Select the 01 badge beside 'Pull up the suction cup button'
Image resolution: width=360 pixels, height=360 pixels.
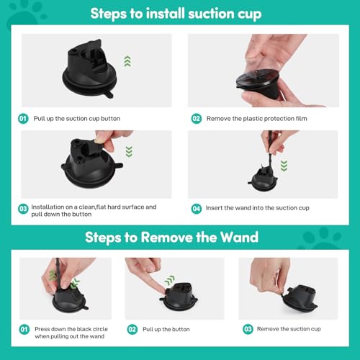(24, 118)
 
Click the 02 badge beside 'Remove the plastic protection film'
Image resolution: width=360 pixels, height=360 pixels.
(195, 118)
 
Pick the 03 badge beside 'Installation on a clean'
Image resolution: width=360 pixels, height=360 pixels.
(24, 209)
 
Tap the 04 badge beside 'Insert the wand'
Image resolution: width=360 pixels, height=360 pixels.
(195, 209)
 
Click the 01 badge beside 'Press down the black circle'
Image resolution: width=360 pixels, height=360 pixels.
(24, 329)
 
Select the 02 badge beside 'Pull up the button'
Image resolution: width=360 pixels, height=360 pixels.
(132, 329)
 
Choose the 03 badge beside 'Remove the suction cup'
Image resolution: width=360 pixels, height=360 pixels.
(247, 329)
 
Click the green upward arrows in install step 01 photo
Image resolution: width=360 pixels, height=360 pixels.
(127, 62)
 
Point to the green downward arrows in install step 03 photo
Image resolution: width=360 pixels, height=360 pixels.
(129, 151)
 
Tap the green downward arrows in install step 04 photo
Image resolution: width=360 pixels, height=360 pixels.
(284, 166)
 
